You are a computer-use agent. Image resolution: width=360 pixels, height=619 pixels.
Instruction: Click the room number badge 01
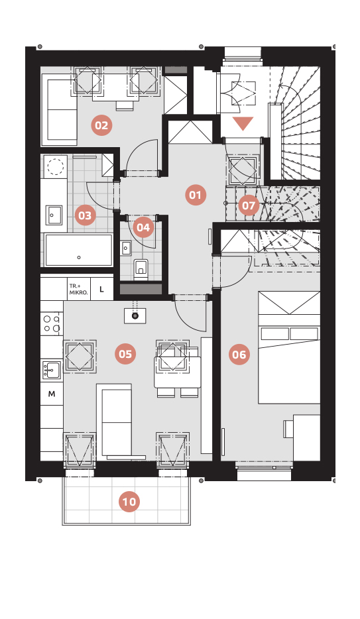(x=196, y=195)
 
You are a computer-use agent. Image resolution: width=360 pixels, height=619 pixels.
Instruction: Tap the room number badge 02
(x=101, y=125)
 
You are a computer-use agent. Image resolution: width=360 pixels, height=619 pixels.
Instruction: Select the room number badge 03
(x=85, y=215)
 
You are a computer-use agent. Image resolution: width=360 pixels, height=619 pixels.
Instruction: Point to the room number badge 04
(x=143, y=227)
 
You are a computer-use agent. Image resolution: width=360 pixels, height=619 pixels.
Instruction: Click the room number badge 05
(x=125, y=354)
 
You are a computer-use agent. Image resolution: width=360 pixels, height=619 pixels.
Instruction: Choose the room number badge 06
(x=239, y=355)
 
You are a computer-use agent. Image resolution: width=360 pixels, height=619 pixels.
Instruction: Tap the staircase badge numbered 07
(x=249, y=205)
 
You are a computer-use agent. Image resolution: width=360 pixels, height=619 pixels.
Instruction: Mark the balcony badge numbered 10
(x=129, y=502)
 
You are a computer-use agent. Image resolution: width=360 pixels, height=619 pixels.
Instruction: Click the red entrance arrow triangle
(x=243, y=123)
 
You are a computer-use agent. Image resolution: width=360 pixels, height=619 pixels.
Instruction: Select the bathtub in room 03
(x=79, y=251)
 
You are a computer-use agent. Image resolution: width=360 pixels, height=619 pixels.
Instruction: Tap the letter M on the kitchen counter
(x=52, y=394)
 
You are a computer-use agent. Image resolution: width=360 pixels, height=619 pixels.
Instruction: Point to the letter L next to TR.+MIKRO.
(x=101, y=290)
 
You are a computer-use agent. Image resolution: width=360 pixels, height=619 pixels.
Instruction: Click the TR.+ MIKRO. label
(x=78, y=289)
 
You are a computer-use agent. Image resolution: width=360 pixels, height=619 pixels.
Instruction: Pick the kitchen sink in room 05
(x=52, y=370)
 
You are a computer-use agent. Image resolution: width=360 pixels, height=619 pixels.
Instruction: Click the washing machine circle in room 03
(x=56, y=166)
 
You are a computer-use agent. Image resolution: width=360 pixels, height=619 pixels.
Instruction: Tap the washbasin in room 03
(x=54, y=215)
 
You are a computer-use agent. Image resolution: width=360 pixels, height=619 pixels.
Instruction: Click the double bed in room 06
(x=289, y=347)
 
